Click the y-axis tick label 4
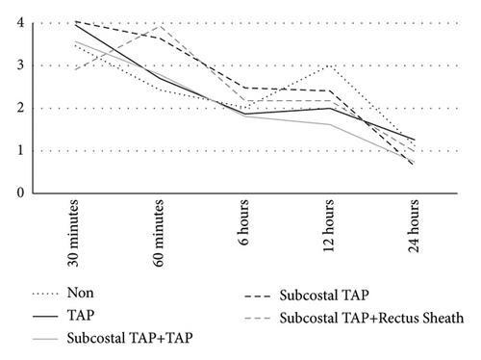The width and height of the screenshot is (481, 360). (x=20, y=23)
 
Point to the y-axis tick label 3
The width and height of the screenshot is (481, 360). (x=20, y=65)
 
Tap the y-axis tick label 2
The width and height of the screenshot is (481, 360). (x=20, y=108)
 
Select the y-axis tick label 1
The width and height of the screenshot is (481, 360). (x=20, y=150)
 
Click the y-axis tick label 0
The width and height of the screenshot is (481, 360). (x=20, y=193)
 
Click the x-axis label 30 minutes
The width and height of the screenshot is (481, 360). (x=73, y=233)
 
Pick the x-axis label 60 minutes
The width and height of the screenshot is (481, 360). (x=159, y=233)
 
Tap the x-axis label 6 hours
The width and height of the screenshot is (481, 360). (x=244, y=222)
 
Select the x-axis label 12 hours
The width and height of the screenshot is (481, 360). (x=329, y=225)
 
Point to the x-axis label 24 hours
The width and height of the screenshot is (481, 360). (x=415, y=225)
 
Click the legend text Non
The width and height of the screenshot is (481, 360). (x=81, y=293)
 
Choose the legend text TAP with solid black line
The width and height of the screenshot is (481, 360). (x=81, y=315)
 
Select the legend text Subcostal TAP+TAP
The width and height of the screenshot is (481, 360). (x=130, y=338)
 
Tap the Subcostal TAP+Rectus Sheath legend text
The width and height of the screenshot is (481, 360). (x=371, y=318)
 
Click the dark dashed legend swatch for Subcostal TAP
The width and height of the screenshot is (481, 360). (x=258, y=296)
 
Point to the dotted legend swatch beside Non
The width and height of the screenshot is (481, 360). (x=45, y=294)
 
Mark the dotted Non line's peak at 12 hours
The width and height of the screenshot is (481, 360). (x=329, y=65)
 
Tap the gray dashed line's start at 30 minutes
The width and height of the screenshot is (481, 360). (x=74, y=69)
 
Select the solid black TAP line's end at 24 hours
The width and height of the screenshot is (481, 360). (x=415, y=140)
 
